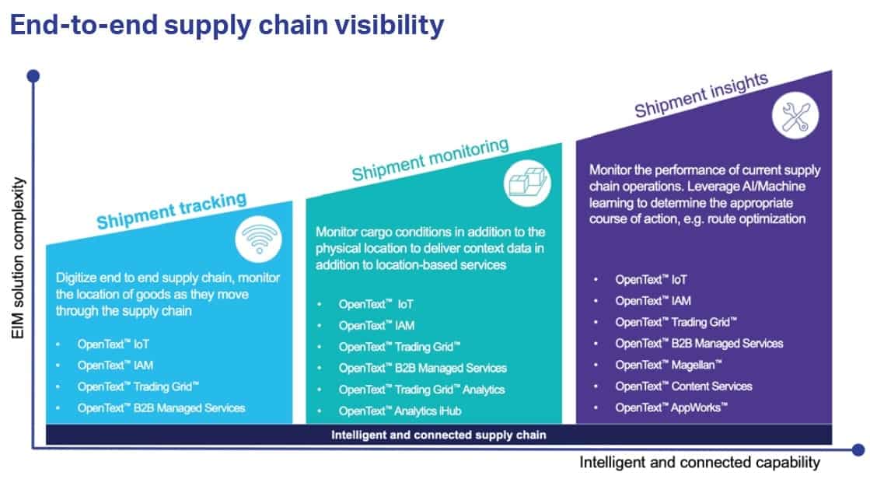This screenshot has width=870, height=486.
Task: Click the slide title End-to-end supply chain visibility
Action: point(226,25)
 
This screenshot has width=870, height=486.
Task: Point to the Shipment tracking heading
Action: point(171,211)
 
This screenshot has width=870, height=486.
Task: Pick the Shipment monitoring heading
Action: point(430,159)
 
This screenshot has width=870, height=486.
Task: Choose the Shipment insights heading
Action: point(701,96)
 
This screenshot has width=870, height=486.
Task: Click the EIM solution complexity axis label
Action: point(19,259)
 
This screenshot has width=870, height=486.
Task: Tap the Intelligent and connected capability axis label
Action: point(699,463)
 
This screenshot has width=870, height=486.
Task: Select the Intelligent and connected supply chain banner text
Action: point(438,435)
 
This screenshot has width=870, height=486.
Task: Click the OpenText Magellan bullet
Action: point(669,365)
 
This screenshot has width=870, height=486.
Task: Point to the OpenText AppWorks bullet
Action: point(671,407)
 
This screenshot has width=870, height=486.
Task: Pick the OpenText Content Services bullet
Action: point(683,386)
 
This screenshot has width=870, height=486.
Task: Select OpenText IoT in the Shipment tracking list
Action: point(113,343)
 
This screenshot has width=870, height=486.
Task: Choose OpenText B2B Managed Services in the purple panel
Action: point(699,343)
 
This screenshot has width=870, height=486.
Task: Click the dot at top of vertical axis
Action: point(33,76)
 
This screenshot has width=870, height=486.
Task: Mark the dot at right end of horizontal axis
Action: point(858,449)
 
